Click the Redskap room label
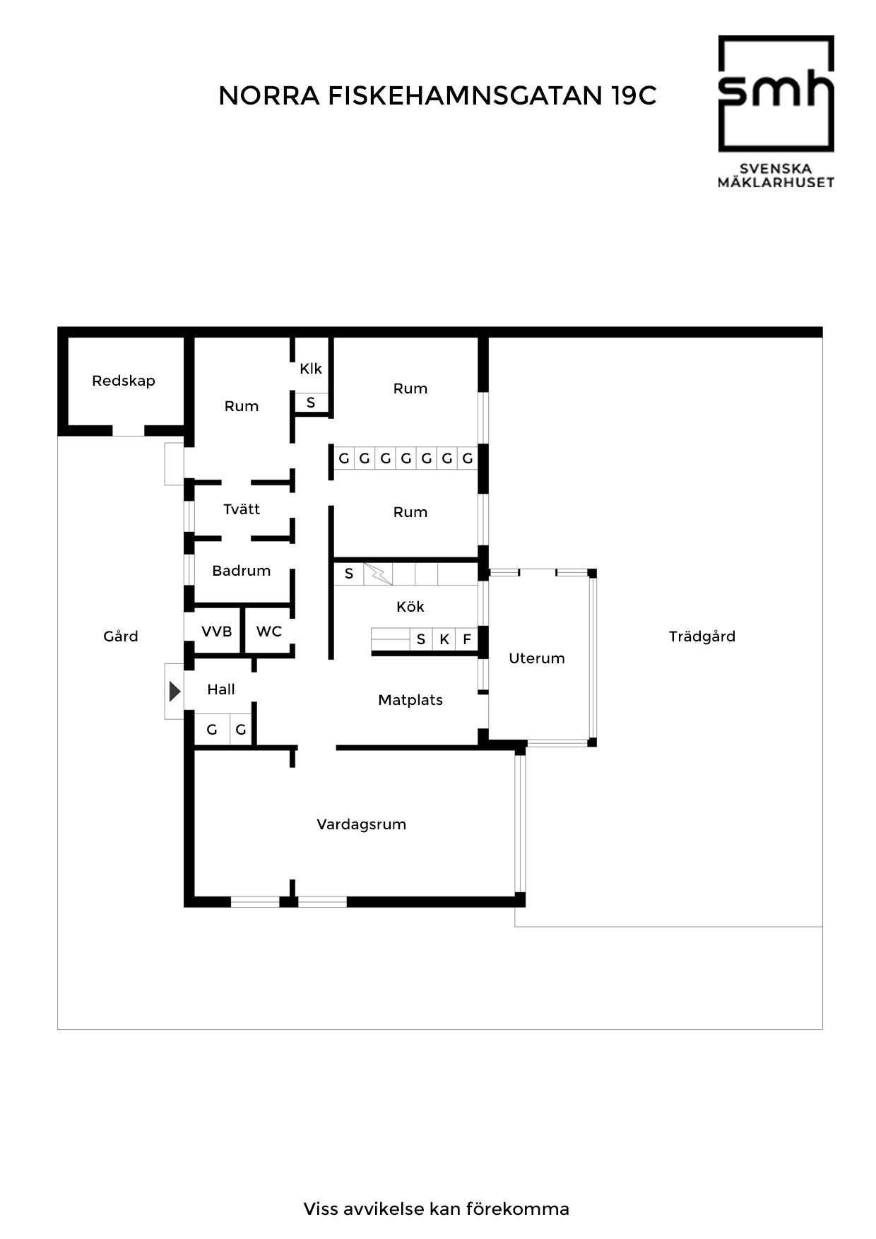[124, 381]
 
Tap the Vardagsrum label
[361, 824]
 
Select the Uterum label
[537, 658]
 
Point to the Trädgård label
[702, 636]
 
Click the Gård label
[121, 636]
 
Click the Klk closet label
[311, 369]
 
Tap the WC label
[269, 632]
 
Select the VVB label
[217, 632]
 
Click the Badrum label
[242, 571]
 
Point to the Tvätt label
[242, 509]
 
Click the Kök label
[410, 607]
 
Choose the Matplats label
[410, 700]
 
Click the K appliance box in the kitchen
[444, 639]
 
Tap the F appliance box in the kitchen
[467, 639]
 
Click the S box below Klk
[311, 403]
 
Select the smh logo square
[776, 93]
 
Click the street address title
[437, 96]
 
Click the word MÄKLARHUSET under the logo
[776, 182]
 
